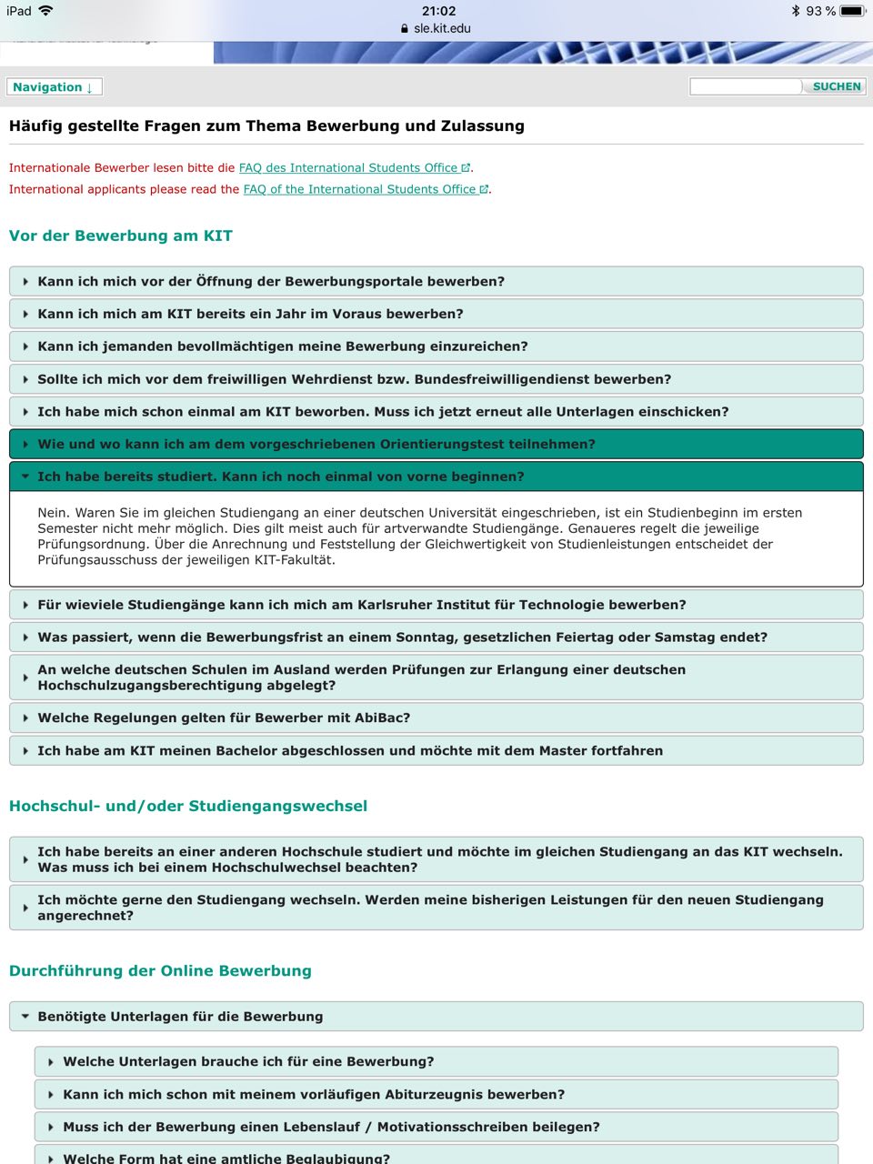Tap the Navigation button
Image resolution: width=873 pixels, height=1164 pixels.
click(53, 87)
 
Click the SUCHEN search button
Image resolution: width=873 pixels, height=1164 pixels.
click(836, 86)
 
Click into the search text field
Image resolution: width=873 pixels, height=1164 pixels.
click(745, 86)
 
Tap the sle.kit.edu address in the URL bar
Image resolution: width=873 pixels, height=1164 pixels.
click(442, 28)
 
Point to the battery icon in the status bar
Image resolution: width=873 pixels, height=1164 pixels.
click(852, 11)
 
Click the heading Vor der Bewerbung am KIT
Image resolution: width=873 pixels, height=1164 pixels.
click(121, 236)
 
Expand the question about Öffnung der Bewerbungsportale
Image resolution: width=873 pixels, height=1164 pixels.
click(271, 282)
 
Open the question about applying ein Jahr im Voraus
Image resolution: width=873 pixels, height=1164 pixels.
click(250, 314)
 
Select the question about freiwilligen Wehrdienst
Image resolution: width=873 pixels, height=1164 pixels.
click(354, 379)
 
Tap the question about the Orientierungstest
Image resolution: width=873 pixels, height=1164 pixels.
click(316, 445)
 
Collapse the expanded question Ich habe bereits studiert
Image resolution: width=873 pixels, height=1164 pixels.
click(280, 477)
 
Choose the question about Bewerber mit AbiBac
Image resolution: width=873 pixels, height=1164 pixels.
click(224, 717)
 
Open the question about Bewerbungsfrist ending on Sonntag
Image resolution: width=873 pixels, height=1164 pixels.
click(402, 637)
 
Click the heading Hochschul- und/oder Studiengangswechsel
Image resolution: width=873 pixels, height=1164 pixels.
click(188, 806)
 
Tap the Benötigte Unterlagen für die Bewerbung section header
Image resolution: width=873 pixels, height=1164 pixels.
click(180, 1017)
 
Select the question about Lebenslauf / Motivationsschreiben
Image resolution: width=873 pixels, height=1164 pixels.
click(331, 1127)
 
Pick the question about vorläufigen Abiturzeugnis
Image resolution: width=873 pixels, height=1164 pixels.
click(314, 1094)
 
